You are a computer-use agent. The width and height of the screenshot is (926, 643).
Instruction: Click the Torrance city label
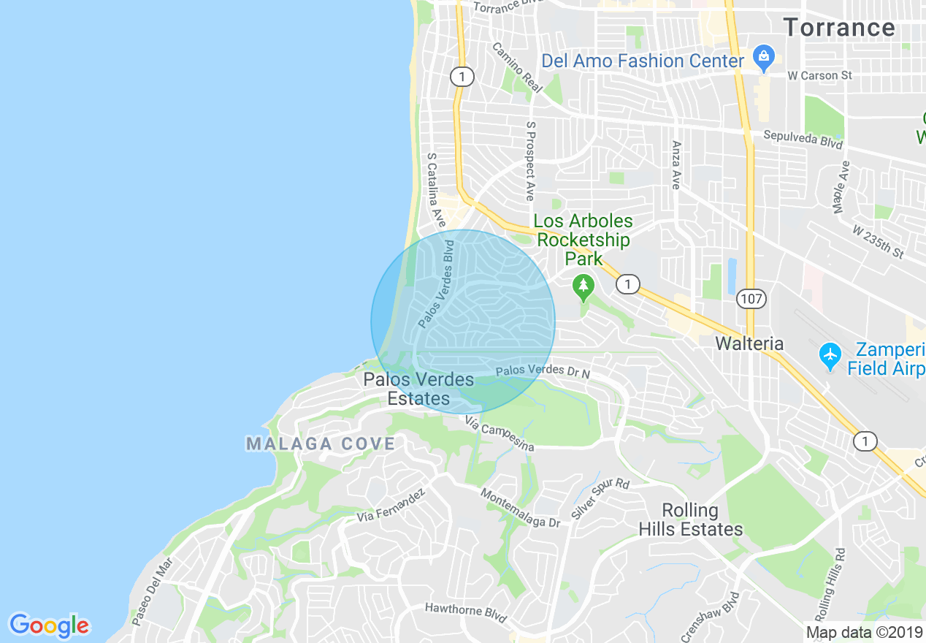coord(839,28)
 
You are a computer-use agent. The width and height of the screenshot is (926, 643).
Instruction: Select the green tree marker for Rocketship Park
coord(583,287)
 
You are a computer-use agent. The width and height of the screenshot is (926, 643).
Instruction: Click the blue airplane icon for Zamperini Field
coord(830,356)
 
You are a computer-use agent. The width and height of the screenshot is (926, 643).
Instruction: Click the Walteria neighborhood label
coord(749,343)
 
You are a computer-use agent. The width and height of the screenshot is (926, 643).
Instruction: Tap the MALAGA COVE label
coord(321,444)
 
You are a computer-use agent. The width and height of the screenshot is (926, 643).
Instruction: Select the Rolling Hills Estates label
coord(690,520)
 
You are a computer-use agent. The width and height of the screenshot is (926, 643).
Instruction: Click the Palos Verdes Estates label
coord(418,389)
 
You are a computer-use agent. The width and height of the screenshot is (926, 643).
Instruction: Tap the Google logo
coord(49,625)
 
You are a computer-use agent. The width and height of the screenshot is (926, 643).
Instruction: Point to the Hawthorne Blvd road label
coord(466,612)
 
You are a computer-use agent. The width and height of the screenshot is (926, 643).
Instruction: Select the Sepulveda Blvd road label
coord(803,139)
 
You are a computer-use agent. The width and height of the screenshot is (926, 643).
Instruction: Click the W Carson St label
coord(819,75)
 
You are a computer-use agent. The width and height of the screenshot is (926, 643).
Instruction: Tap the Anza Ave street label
coord(676,165)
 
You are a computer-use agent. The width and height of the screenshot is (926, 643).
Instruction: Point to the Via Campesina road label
coord(500,434)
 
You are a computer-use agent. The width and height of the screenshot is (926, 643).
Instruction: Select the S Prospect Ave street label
coord(530,161)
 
